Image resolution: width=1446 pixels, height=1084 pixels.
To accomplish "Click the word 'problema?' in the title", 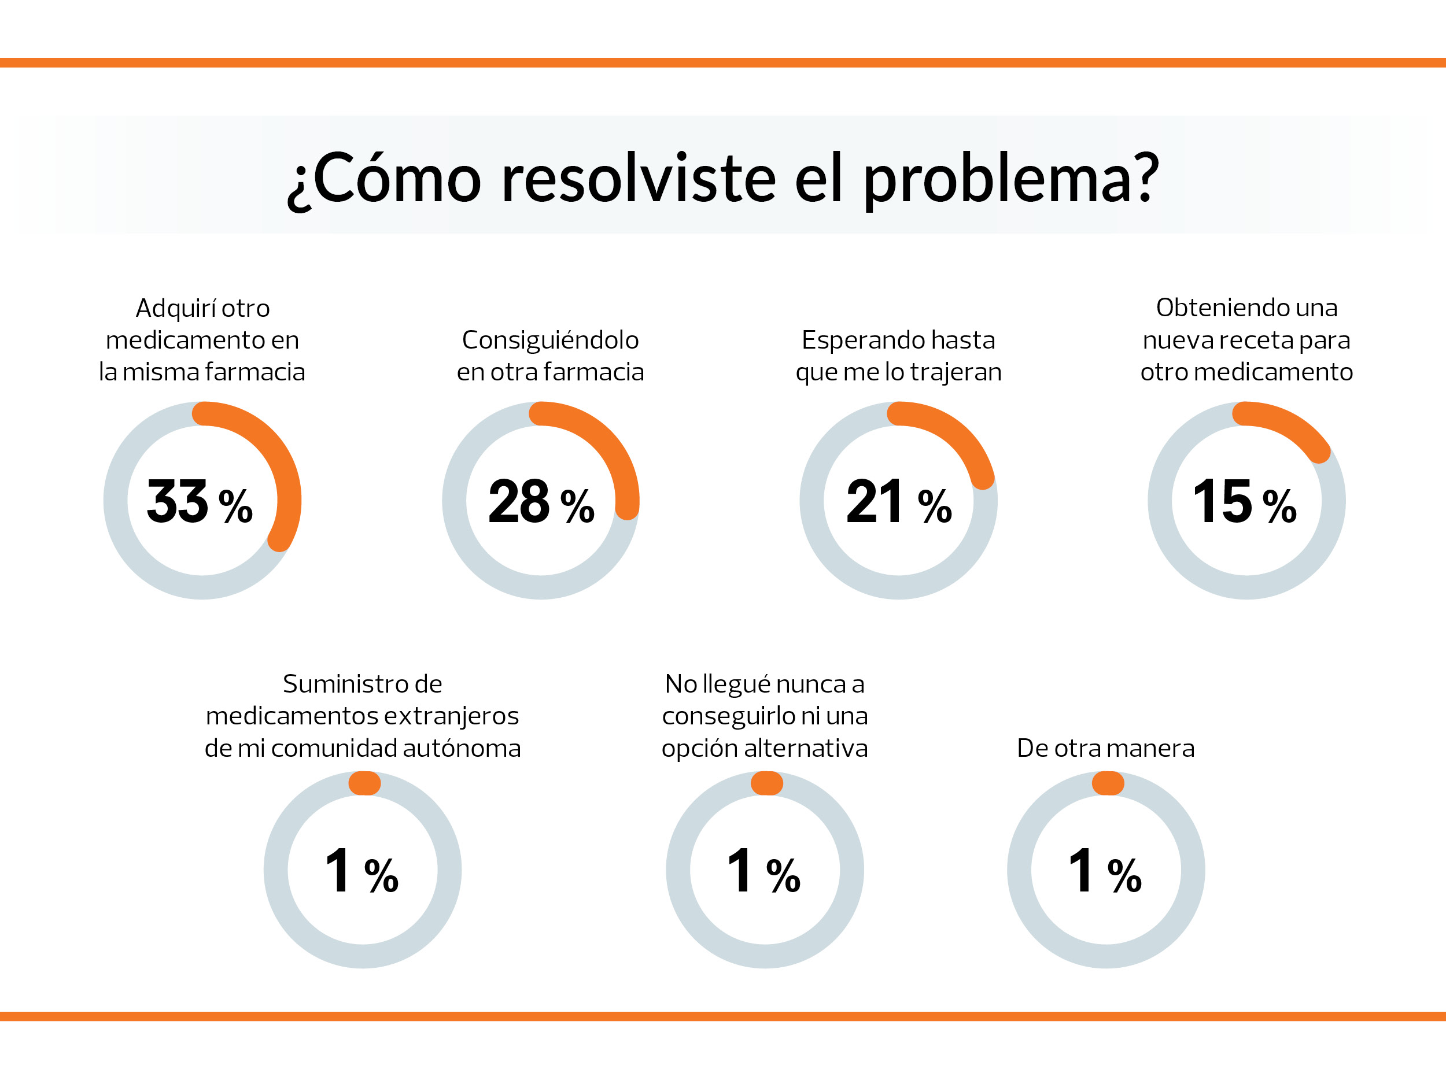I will [x=1010, y=180].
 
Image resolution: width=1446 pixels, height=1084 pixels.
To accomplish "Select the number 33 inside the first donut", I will [x=177, y=502].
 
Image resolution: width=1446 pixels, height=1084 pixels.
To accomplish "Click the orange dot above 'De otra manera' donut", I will [x=1108, y=783].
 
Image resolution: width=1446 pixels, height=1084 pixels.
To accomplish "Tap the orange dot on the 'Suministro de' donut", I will [x=365, y=783].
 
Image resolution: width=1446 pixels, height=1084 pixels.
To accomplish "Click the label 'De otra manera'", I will [x=1105, y=748].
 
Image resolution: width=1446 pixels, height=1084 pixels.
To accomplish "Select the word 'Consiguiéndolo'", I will [x=551, y=341].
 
